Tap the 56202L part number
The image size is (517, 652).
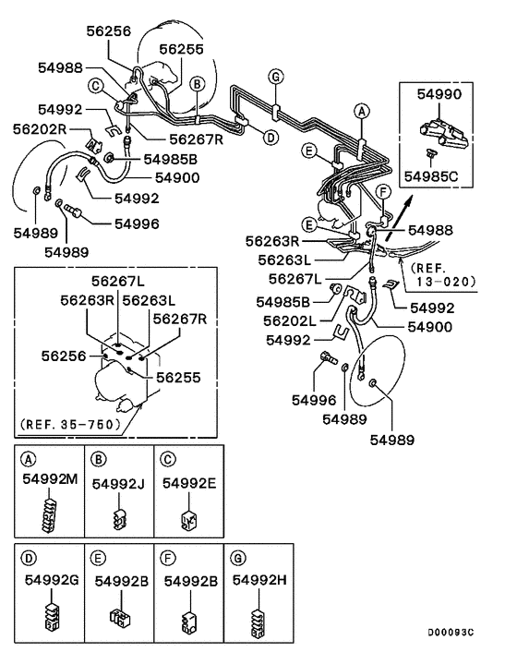click(x=290, y=320)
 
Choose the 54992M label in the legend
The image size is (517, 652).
click(x=47, y=482)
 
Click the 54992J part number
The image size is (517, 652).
click(x=118, y=482)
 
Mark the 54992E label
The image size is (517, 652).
click(x=188, y=482)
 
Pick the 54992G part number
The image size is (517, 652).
click(x=48, y=580)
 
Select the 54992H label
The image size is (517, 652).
click(x=259, y=579)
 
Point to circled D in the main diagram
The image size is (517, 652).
click(x=270, y=138)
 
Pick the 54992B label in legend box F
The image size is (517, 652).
click(x=189, y=580)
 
